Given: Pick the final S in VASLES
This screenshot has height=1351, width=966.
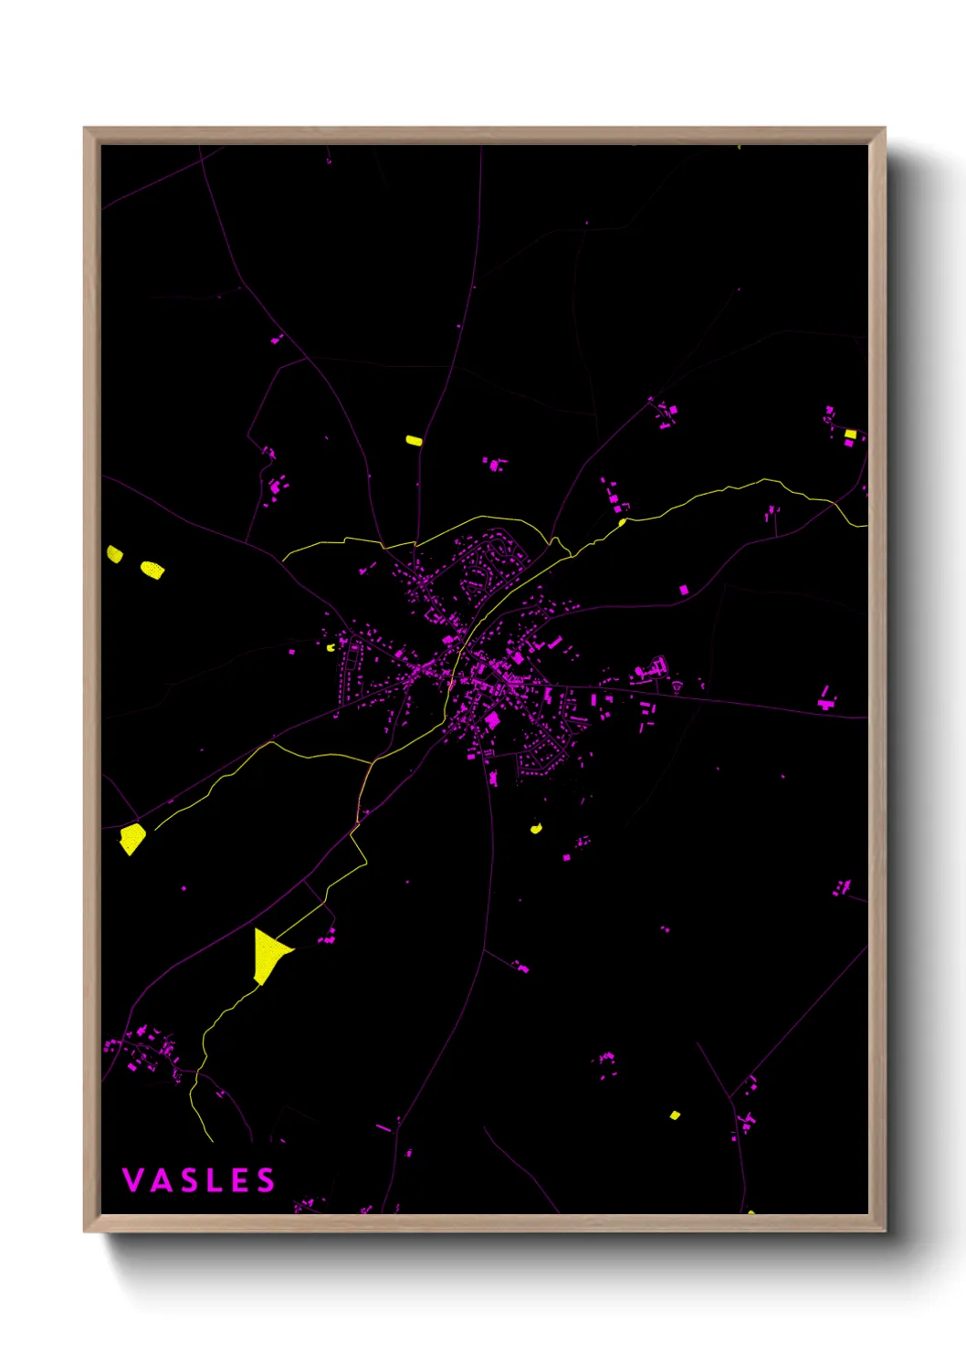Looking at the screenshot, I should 265,1180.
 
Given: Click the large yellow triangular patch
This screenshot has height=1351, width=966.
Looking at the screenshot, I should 268,955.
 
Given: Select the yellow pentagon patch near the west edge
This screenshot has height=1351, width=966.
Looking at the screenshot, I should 132,838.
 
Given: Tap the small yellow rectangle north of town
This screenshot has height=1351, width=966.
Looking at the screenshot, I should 414,440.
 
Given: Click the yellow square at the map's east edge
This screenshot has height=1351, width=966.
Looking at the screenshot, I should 850,434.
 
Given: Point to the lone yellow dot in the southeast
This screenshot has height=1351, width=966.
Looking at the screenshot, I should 675,1115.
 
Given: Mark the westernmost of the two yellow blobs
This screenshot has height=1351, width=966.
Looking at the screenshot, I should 114,553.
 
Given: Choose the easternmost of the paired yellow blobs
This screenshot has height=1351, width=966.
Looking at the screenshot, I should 152,570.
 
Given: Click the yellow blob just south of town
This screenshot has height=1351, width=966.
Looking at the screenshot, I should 536,829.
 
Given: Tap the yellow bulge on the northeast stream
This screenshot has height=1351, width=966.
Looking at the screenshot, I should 622,523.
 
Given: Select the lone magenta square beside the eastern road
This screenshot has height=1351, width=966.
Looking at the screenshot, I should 684,590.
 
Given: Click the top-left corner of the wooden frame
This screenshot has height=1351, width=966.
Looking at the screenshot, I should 85,129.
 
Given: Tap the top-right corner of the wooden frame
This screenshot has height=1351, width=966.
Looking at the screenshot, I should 885,129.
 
